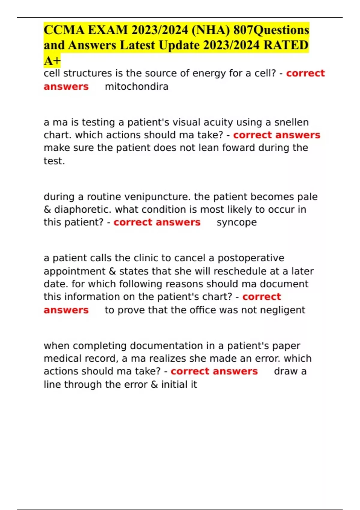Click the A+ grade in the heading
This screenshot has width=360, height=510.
(x=52, y=61)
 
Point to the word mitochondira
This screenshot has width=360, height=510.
(x=136, y=87)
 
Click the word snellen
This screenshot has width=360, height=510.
(x=292, y=122)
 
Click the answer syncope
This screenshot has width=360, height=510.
(x=237, y=223)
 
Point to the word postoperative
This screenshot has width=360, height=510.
(x=251, y=258)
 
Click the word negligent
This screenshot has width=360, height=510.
(x=282, y=310)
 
